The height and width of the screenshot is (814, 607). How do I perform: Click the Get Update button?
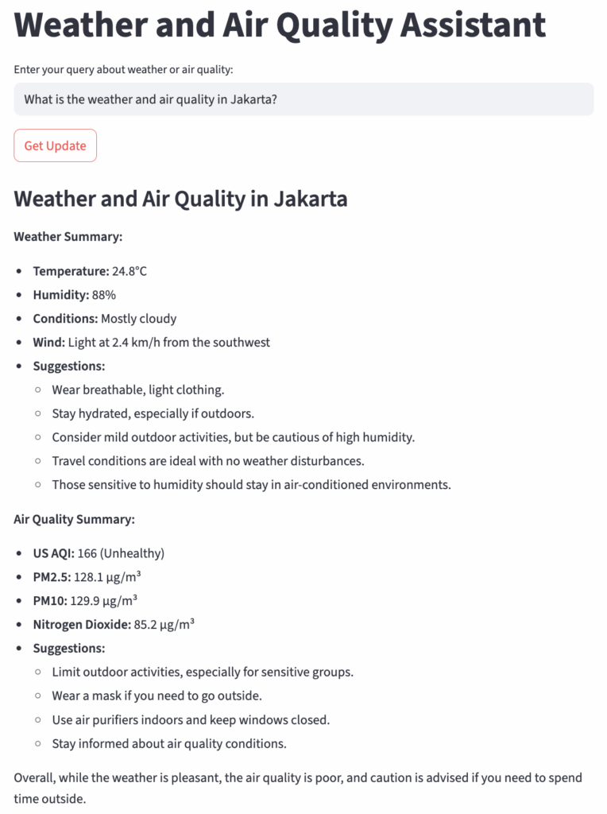[x=55, y=145]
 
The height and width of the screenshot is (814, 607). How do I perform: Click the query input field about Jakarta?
[x=303, y=99]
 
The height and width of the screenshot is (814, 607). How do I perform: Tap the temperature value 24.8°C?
[x=130, y=271]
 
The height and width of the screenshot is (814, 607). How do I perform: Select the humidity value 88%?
[x=103, y=295]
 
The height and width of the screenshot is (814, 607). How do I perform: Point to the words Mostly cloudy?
[x=138, y=319]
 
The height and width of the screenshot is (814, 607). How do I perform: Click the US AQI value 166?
[x=87, y=553]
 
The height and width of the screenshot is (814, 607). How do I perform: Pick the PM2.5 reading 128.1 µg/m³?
[x=107, y=577]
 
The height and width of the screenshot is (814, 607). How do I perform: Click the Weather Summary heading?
[x=68, y=236]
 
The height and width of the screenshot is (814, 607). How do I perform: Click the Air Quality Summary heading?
[x=75, y=519]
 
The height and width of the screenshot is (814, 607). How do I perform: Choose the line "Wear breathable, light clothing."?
[x=138, y=390]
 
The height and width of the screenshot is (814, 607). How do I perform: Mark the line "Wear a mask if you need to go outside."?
[x=157, y=696]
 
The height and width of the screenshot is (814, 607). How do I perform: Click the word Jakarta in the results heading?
[x=311, y=198]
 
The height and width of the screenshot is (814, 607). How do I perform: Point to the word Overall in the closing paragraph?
[x=35, y=777]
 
